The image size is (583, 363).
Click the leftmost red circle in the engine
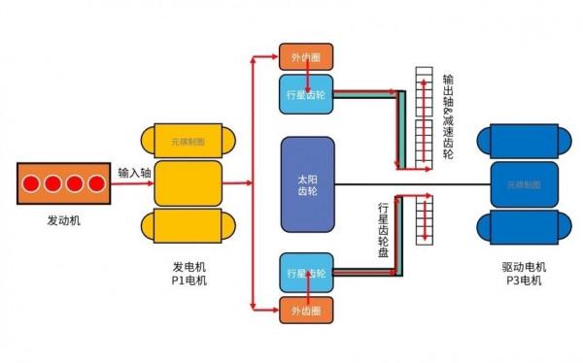pyautogui.click(x=32, y=182)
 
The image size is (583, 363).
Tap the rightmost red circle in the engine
pyautogui.click(x=95, y=182)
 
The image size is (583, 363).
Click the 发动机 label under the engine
pyautogui.click(x=64, y=220)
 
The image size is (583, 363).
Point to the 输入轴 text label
pyautogui.click(x=135, y=172)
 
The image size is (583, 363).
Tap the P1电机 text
pyautogui.click(x=189, y=280)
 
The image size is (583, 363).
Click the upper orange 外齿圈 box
pyautogui.click(x=305, y=56)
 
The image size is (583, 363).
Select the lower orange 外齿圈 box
pyautogui.click(x=305, y=311)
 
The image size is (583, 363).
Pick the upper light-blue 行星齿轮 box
pyautogui.click(x=305, y=94)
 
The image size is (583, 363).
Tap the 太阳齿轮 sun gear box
pyautogui.click(x=307, y=183)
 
